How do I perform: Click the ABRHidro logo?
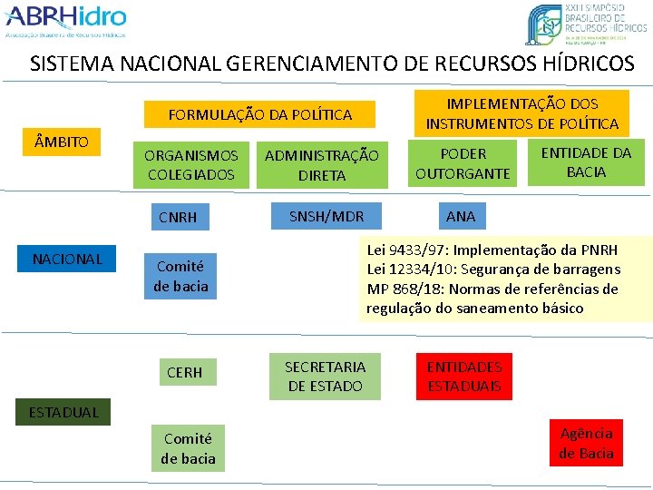[65, 22]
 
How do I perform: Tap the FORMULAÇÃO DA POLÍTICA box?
[260, 114]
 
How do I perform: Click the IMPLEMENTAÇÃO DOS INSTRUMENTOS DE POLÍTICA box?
[521, 113]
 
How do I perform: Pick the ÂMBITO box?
[62, 142]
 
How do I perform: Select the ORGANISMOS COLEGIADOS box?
[190, 164]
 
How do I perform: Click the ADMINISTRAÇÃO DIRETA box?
[321, 165]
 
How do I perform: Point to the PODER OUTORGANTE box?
[463, 163]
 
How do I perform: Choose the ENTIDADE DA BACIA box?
[586, 162]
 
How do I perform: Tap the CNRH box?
[178, 217]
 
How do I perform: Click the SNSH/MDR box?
[326, 216]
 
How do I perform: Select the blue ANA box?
[461, 216]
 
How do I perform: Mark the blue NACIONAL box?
[67, 260]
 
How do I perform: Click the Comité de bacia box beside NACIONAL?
[180, 276]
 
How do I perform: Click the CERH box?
[184, 372]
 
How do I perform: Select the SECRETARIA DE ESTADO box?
[325, 377]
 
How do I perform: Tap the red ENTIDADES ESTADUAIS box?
[463, 377]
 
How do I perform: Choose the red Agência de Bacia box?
[586, 443]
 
